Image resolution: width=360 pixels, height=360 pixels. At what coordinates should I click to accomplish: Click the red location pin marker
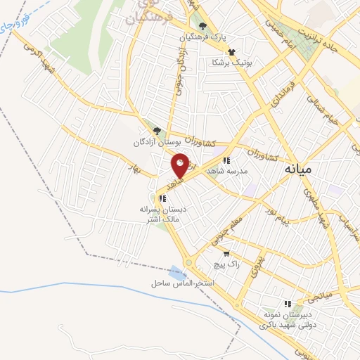pyautogui.click(x=180, y=166)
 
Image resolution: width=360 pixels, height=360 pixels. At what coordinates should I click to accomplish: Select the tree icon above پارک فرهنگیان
pyautogui.click(x=203, y=27)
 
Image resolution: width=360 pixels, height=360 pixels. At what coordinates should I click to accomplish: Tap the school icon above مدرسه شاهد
pyautogui.click(x=226, y=161)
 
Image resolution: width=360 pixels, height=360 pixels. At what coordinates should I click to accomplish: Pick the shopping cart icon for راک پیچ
pyautogui.click(x=226, y=254)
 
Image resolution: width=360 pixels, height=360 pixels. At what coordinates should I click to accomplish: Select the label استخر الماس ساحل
pyautogui.click(x=181, y=283)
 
